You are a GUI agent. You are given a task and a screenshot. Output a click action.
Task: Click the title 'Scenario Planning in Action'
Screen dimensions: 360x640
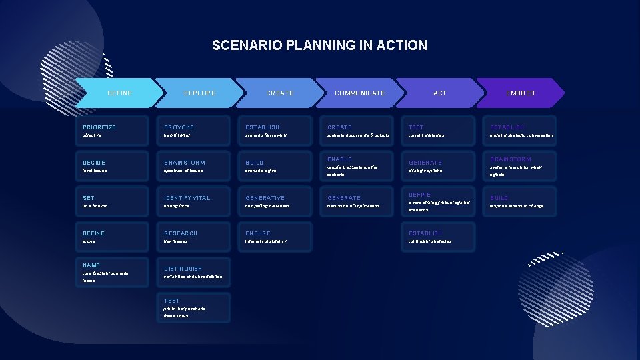[x=319, y=45]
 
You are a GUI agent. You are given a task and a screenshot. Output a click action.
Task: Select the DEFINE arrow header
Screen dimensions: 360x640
[x=119, y=93]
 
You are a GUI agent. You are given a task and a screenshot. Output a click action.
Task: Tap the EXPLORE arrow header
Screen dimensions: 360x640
[x=199, y=93]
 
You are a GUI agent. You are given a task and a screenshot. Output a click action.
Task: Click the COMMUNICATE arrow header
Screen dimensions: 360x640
[x=359, y=93]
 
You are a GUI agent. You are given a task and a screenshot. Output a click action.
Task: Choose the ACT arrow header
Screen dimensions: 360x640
[x=439, y=93]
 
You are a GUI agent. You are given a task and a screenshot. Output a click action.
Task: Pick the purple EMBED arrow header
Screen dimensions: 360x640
[x=520, y=93]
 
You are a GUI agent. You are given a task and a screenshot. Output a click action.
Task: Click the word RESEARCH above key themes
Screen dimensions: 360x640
[x=181, y=233]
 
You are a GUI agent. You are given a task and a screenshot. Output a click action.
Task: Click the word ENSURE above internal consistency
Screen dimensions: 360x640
[x=258, y=233]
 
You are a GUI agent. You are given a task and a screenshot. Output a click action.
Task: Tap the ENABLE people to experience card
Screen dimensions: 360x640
[x=357, y=166]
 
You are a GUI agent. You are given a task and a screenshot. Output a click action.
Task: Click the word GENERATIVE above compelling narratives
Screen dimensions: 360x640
[x=265, y=198]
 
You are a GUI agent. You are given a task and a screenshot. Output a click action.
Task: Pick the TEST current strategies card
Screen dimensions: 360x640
[x=439, y=131]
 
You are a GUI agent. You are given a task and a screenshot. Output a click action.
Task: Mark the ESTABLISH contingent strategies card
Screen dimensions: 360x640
[x=439, y=237]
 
